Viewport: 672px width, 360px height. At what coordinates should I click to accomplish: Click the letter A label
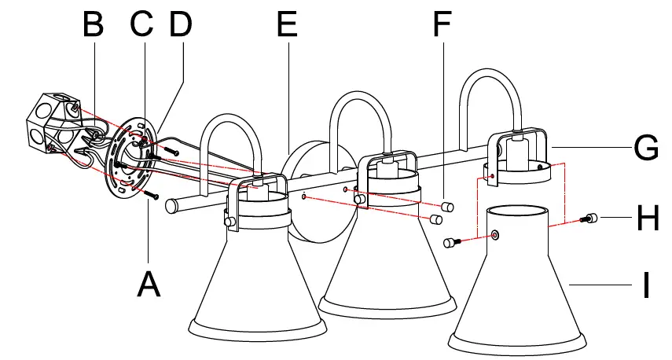(149, 283)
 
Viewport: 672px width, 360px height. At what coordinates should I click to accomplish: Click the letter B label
(93, 25)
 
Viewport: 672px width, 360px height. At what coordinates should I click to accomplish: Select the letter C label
(142, 25)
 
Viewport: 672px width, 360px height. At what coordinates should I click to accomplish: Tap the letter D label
(181, 25)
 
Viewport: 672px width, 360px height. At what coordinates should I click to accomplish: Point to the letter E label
(287, 25)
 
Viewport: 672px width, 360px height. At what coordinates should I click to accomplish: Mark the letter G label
(646, 147)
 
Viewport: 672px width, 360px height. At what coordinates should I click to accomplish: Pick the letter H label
(648, 219)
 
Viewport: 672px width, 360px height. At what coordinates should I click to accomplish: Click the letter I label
(646, 285)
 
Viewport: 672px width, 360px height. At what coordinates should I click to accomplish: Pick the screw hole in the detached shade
(495, 235)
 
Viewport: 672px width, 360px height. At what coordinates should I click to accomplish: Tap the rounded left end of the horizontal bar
(171, 207)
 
